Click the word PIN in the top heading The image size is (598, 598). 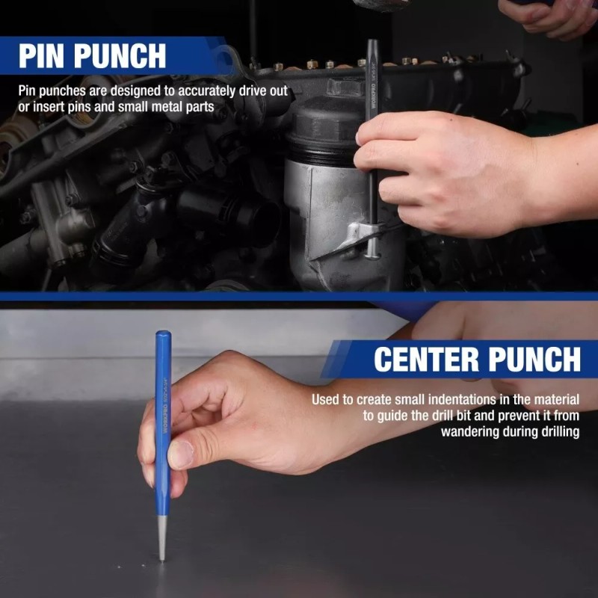pyautogui.click(x=47, y=56)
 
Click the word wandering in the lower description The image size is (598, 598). pyautogui.click(x=470, y=431)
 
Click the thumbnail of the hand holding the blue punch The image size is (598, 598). pyautogui.click(x=182, y=452)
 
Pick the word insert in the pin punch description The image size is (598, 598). pyautogui.click(x=46, y=107)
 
